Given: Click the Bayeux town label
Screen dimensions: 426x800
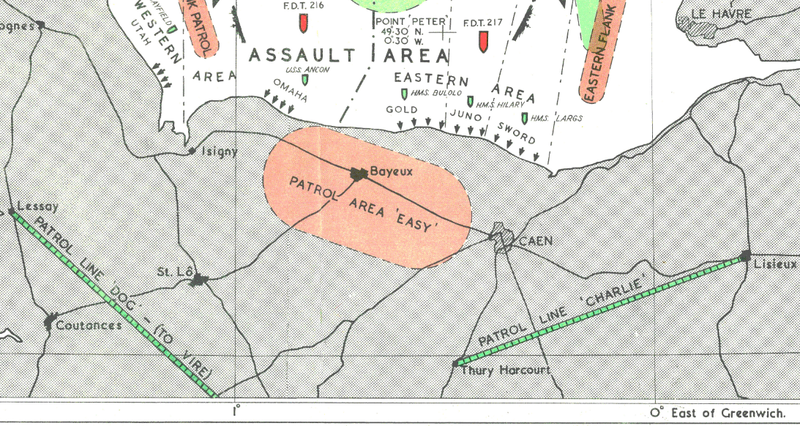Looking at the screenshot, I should pos(392,172).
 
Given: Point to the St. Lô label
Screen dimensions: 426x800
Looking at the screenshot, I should pos(173,271).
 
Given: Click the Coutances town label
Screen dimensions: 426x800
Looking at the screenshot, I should pos(90,325).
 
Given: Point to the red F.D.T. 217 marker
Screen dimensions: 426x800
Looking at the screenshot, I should pos(483,41).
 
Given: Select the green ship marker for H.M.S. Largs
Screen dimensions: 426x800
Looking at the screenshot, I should pos(524,118).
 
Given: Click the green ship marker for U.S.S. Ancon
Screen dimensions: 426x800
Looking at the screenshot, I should pos(304,80).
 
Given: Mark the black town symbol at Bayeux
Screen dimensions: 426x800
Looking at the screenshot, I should pos(357,173).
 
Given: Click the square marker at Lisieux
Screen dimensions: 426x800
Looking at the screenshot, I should pos(745,257).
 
